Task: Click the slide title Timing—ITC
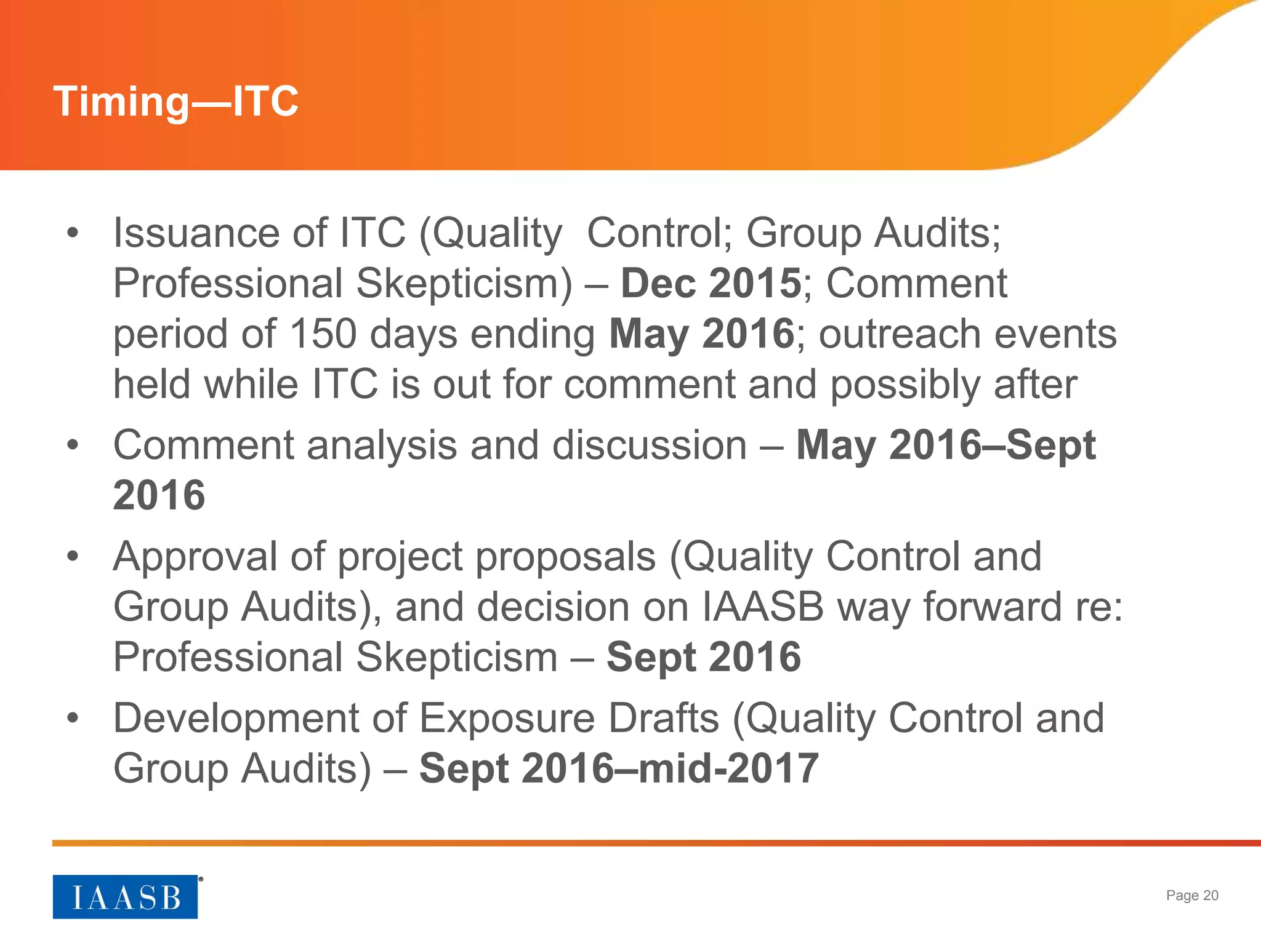pos(176,102)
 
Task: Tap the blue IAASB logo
pos(125,896)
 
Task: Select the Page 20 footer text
pos(1191,895)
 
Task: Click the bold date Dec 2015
pos(711,284)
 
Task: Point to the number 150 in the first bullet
pos(323,334)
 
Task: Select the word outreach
pos(900,334)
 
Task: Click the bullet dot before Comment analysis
pos(73,445)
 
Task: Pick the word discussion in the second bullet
pos(649,445)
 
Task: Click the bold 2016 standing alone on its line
pos(159,495)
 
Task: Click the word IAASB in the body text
pos(762,607)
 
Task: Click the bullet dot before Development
pos(73,719)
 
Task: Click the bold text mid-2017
pos(728,769)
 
